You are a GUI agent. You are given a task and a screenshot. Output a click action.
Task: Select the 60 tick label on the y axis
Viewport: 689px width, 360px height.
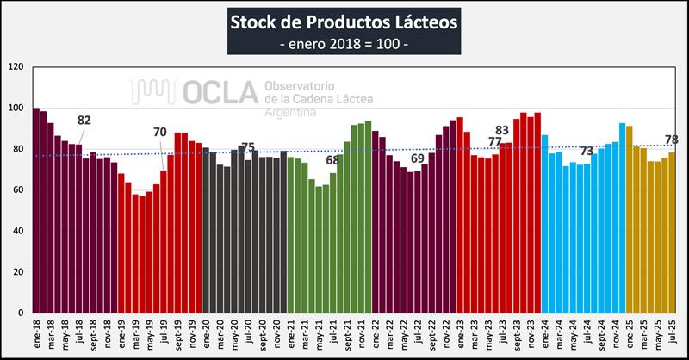(17, 189)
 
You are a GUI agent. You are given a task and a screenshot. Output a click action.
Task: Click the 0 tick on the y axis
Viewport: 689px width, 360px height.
(21, 313)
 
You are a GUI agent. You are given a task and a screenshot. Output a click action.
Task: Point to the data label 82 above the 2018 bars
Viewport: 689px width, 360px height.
(84, 121)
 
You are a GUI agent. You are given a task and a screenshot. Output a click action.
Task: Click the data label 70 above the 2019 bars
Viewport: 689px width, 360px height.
(160, 133)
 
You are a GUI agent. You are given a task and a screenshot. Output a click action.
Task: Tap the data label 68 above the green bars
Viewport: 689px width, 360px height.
(332, 160)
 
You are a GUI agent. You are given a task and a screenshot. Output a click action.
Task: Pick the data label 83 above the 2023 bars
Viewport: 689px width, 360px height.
(503, 130)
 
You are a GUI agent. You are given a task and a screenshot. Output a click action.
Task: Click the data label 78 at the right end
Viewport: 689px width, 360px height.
(671, 140)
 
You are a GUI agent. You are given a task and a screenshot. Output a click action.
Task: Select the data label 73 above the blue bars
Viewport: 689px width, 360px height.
(587, 152)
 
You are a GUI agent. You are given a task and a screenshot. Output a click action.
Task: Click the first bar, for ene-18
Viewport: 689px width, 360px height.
(36, 210)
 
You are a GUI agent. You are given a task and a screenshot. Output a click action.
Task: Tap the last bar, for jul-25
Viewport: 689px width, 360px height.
(671, 233)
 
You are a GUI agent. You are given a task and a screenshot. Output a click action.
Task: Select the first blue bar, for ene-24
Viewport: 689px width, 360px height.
(544, 224)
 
